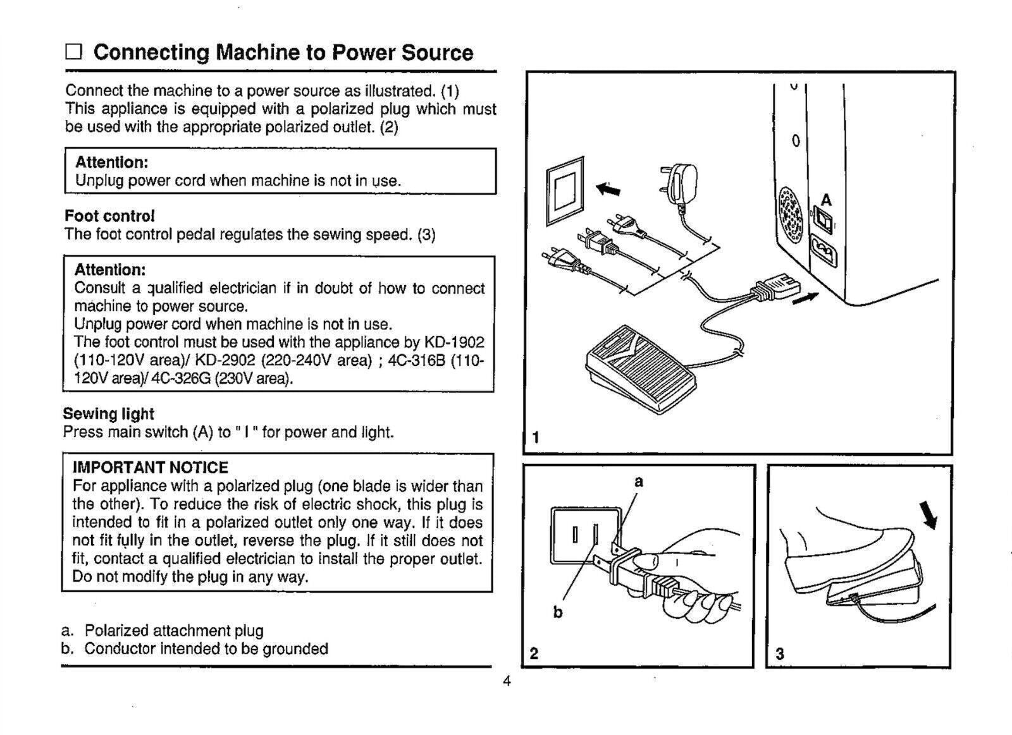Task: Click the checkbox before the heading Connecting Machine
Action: pos(74,52)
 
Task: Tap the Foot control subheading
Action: pos(109,216)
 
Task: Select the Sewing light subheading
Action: pos(108,414)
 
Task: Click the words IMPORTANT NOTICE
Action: pos(151,468)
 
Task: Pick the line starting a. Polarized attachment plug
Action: pos(163,631)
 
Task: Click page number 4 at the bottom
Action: pos(507,681)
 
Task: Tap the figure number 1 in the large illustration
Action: pos(536,437)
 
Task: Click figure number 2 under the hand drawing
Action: pos(534,653)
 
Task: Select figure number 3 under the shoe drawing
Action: pos(779,653)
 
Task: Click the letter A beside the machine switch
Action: pos(826,201)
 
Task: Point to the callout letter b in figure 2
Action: pos(557,612)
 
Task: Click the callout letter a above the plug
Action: pos(639,482)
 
